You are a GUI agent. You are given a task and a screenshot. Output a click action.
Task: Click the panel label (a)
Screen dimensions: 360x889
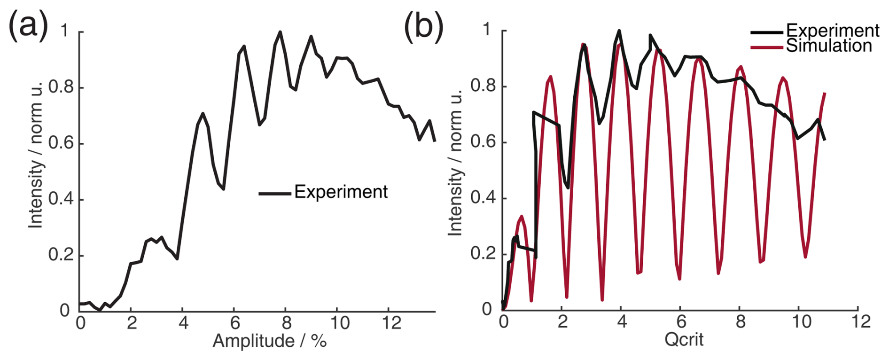(28, 24)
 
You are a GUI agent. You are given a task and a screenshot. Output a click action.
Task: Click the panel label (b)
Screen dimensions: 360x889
(423, 26)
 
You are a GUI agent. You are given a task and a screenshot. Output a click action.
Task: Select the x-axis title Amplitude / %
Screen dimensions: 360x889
(269, 341)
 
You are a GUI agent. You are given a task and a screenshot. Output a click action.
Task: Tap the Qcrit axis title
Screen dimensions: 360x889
(684, 339)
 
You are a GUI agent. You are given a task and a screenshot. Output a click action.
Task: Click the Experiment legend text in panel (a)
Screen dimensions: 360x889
(341, 192)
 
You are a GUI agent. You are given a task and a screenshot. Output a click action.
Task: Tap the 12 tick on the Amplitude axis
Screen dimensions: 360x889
(391, 323)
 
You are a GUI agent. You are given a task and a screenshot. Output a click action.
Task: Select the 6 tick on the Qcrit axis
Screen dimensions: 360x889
(681, 321)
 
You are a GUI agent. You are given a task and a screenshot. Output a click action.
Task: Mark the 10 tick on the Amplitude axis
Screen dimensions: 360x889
(339, 323)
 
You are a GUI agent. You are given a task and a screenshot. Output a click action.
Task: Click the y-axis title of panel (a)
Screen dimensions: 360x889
(36, 155)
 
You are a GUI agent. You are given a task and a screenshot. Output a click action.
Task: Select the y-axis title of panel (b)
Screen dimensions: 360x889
(455, 162)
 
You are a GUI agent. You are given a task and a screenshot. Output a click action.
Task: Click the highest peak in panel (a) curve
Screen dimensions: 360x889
(280, 32)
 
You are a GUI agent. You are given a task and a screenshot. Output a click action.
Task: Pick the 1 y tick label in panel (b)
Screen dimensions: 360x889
(487, 30)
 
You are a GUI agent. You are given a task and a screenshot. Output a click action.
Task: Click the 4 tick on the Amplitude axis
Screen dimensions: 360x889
(183, 323)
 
